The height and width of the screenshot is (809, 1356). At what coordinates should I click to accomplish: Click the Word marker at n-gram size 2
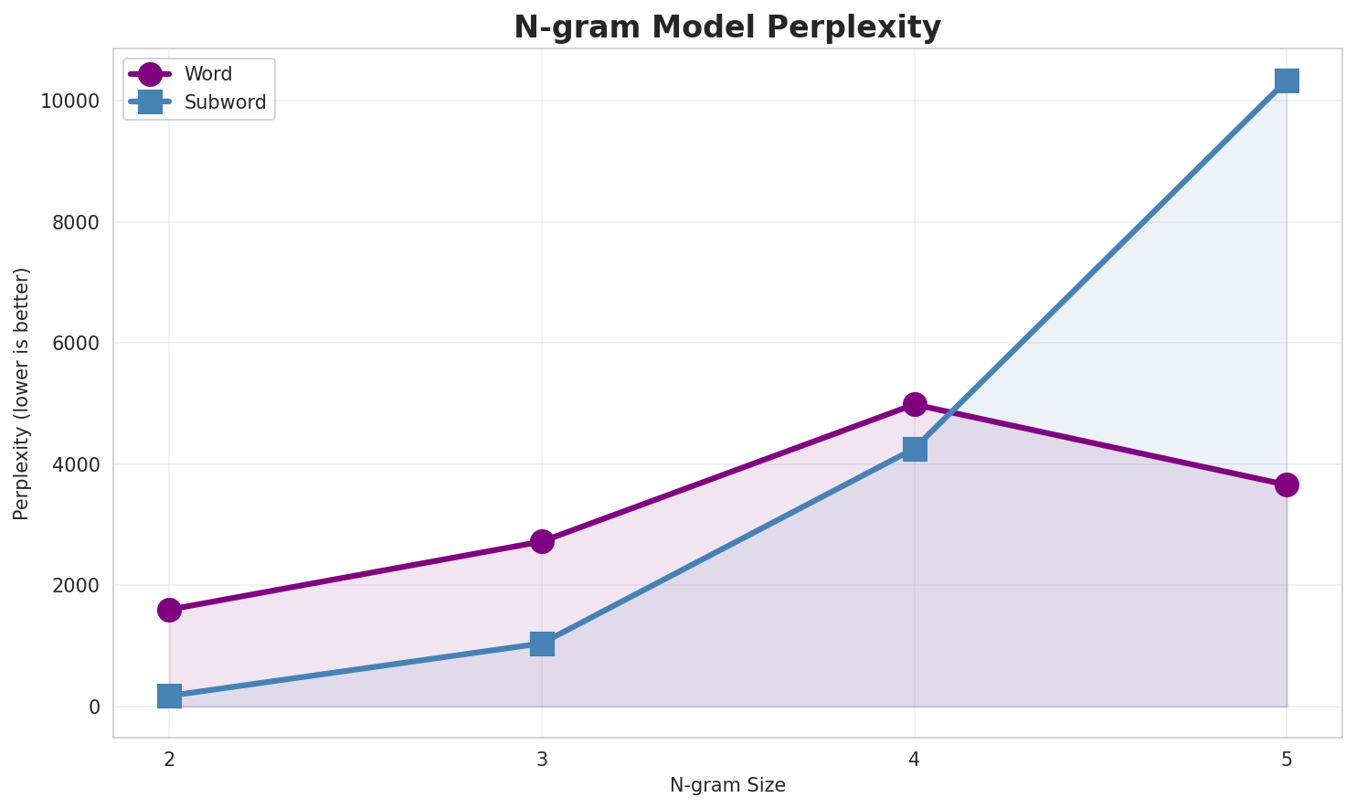click(169, 610)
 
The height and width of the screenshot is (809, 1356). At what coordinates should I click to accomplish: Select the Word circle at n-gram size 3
click(542, 541)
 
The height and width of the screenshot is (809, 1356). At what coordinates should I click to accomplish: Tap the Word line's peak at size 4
click(915, 404)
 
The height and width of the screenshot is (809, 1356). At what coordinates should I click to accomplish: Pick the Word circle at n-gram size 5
click(1287, 484)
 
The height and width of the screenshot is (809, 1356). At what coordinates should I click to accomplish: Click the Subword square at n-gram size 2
click(169, 696)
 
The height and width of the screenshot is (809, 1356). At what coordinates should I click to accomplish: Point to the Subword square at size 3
click(542, 644)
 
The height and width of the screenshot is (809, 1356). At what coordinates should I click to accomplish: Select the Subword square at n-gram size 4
click(915, 449)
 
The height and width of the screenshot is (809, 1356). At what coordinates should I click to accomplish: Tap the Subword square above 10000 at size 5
click(1287, 80)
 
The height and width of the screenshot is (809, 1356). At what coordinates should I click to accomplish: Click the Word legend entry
click(207, 74)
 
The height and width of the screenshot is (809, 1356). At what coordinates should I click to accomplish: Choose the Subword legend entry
click(225, 102)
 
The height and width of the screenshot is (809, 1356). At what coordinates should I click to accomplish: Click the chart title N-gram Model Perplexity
click(727, 27)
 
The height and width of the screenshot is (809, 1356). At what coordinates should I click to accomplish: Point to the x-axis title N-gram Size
click(727, 785)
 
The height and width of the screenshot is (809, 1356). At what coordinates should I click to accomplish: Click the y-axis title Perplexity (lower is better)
click(22, 393)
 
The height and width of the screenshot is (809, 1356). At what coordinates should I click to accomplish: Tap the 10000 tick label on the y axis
click(69, 101)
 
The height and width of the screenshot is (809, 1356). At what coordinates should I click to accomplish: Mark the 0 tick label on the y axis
click(94, 707)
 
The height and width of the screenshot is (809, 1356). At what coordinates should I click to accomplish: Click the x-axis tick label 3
click(542, 758)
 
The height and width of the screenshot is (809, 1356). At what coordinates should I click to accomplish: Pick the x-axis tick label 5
click(1287, 758)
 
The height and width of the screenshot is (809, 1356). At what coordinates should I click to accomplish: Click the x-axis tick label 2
click(169, 758)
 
